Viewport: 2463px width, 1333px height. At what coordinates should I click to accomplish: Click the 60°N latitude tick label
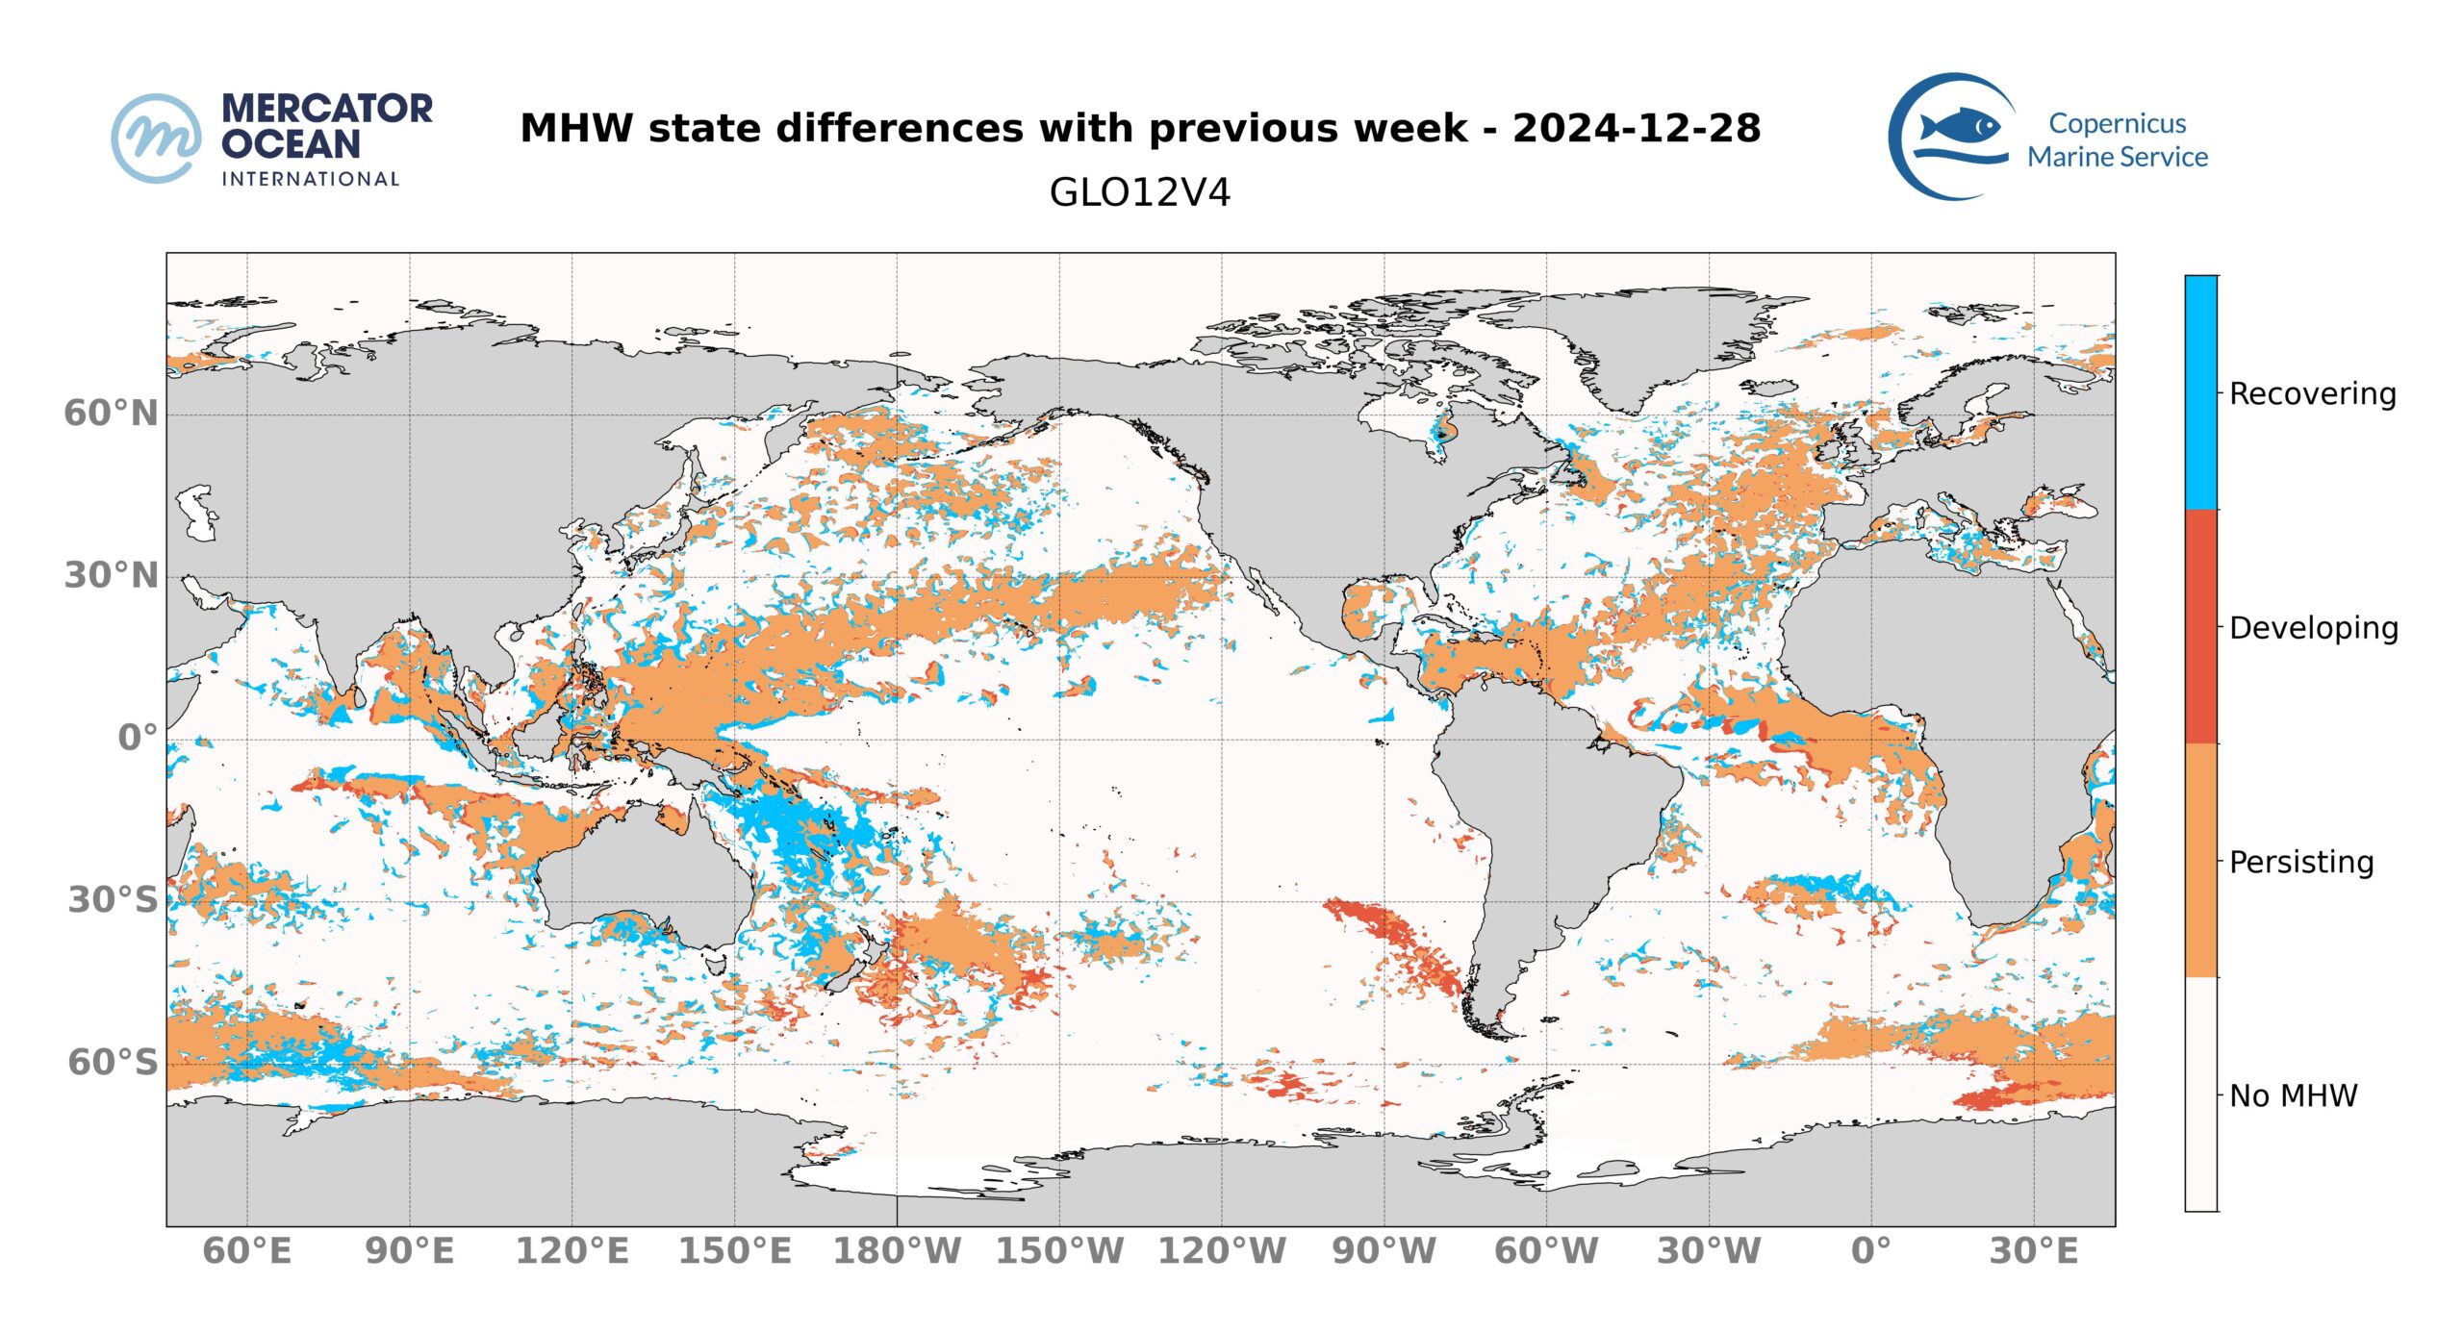tap(111, 414)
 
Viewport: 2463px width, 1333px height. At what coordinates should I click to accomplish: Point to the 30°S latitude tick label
tap(113, 900)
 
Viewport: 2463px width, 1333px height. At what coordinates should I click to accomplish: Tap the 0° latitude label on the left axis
tap(138, 738)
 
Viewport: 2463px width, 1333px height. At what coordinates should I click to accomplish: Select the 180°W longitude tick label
tap(897, 1251)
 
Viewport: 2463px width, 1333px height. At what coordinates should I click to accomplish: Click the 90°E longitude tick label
tap(409, 1251)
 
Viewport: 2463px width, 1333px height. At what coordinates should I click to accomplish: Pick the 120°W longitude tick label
tap(1222, 1251)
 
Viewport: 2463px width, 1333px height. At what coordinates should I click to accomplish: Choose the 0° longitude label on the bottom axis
tap(1870, 1251)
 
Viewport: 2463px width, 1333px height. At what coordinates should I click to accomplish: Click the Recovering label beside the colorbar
tap(2312, 393)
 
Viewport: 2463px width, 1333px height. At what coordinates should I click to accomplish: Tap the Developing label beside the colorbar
tap(2313, 628)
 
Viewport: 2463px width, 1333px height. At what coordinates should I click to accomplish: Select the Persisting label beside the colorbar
tap(2300, 862)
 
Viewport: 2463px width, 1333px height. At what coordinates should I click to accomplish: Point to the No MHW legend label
tap(2293, 1095)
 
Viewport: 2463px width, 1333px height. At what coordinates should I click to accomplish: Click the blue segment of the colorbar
tap(2200, 392)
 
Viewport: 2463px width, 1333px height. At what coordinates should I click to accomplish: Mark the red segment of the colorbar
tap(2200, 626)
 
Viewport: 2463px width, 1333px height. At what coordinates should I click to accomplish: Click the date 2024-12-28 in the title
tap(1636, 128)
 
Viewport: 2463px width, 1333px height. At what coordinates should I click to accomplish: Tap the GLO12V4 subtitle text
tap(1139, 192)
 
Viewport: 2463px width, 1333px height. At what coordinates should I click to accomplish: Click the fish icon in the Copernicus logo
tap(1959, 127)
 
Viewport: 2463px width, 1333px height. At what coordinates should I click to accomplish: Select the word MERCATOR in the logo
tap(327, 109)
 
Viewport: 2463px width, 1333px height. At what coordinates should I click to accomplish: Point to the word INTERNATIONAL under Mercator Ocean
tap(310, 179)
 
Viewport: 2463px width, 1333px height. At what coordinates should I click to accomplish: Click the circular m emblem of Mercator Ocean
tap(157, 138)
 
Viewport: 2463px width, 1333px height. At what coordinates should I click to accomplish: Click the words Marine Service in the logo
tap(2117, 157)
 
